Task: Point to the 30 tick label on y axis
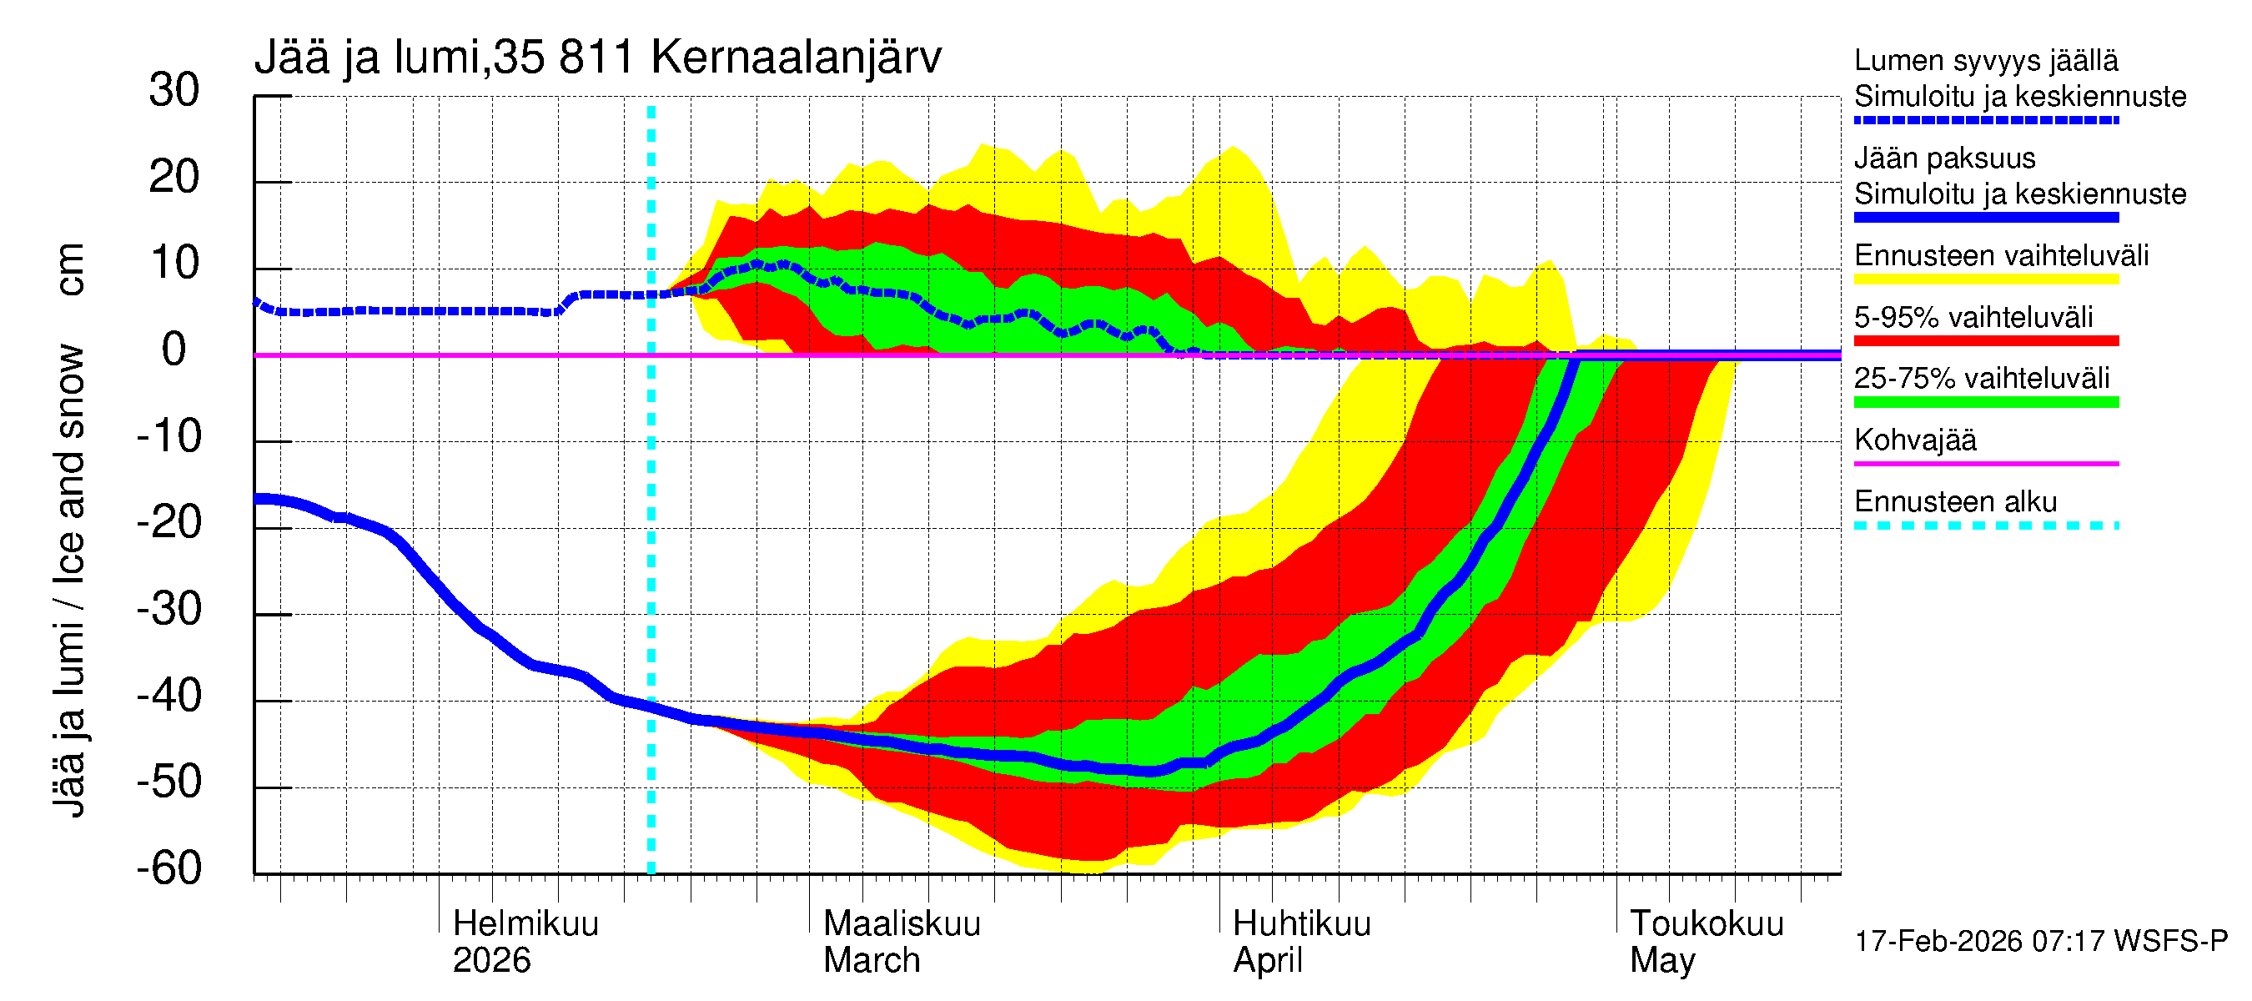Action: (174, 90)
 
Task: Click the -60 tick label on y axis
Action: (168, 868)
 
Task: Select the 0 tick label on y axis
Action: (174, 350)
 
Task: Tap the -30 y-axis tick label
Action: (168, 609)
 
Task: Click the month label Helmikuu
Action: (525, 923)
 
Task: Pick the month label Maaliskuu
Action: (902, 923)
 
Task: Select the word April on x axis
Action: (1267, 961)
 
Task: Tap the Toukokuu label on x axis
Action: (1706, 923)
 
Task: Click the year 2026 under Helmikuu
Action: (491, 961)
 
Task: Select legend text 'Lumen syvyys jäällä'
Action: (1985, 61)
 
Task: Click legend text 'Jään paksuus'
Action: (1944, 158)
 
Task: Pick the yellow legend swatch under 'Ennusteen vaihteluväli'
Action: (1985, 279)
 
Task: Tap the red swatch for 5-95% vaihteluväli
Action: (1985, 341)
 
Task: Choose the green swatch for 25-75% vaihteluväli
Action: (1985, 402)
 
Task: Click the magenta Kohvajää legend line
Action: (1985, 463)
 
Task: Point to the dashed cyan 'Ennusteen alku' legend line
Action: (1985, 526)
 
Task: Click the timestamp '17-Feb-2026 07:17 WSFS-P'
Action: (2040, 942)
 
